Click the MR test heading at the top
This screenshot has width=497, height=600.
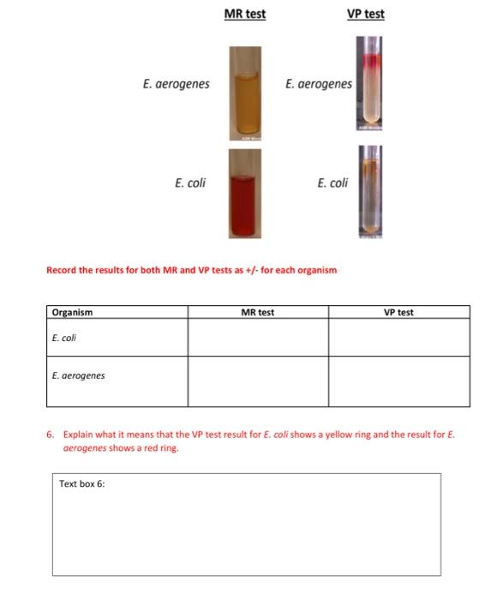tap(244, 14)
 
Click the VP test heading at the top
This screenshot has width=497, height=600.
tap(366, 14)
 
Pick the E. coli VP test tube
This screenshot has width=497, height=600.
tap(371, 192)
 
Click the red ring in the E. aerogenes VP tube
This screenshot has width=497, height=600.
tap(371, 62)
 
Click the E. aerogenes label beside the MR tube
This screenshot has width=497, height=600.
tap(176, 84)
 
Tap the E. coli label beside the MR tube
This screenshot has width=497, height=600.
tap(190, 183)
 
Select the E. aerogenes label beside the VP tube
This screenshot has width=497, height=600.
tap(319, 84)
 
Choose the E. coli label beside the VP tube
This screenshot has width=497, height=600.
tap(332, 183)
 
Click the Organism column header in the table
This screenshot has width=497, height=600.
tap(72, 312)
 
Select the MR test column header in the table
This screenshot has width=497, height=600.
tap(258, 312)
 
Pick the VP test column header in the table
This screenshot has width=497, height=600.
tap(398, 312)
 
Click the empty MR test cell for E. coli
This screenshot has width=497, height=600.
tap(258, 337)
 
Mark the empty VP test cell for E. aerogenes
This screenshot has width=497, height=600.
tap(398, 381)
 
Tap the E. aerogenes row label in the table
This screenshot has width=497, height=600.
tap(78, 375)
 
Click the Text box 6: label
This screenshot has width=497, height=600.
tap(81, 484)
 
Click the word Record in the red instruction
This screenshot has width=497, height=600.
tap(61, 270)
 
